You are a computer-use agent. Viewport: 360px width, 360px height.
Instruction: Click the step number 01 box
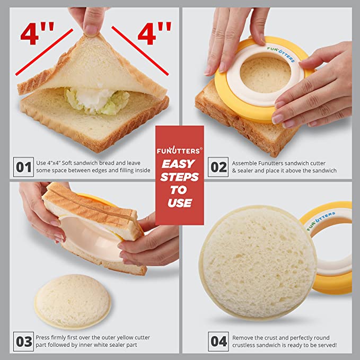coord(23,167)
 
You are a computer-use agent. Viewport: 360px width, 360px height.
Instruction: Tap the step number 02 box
coord(218,167)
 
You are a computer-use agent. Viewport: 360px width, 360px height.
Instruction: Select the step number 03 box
coord(23,341)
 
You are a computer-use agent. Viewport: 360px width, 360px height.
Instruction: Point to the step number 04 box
coord(218,341)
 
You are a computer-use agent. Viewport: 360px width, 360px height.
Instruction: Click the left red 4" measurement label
coord(37,33)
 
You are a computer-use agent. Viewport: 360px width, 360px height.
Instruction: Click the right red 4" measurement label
coord(154,33)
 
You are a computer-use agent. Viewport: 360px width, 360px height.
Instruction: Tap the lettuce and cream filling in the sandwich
coord(97,101)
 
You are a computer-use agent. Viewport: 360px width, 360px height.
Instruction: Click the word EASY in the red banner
coord(178,164)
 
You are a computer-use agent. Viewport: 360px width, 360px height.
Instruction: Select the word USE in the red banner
coord(180,203)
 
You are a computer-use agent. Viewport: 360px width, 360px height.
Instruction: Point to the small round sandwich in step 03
coord(73,301)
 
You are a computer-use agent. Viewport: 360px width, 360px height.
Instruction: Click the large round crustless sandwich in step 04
coord(258,263)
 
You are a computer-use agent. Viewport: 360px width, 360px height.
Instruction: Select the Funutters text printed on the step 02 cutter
coord(281,54)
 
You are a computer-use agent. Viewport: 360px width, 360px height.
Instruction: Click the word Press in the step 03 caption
coord(42,338)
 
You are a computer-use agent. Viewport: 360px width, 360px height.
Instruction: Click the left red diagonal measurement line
coord(44,52)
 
